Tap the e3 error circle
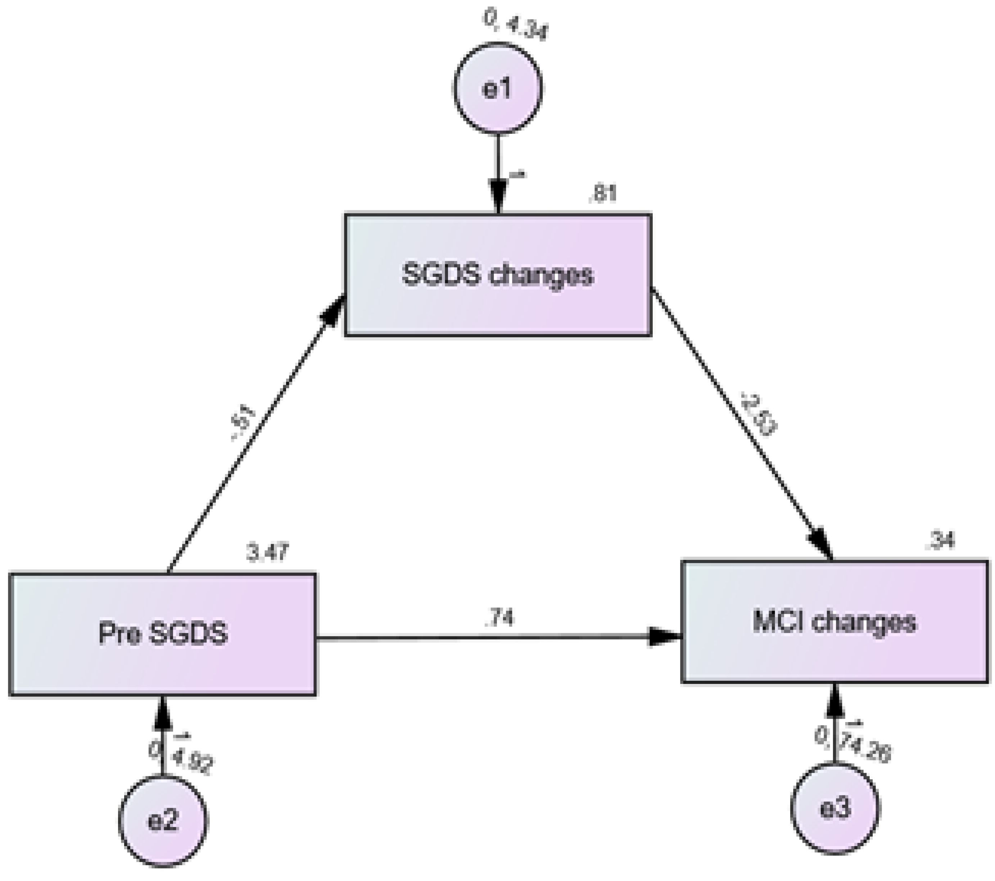(x=835, y=808)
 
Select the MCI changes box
(x=835, y=622)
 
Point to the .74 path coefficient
(x=499, y=618)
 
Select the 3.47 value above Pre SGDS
(x=267, y=553)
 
